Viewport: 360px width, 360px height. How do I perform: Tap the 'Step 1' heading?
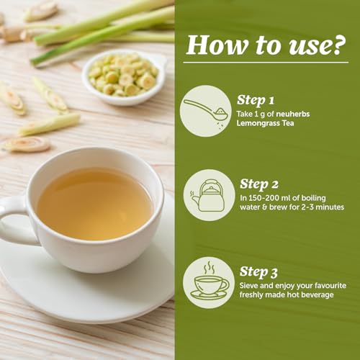point(256,100)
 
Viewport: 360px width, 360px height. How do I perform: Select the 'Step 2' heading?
point(259,184)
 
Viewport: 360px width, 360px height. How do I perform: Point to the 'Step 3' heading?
point(258,272)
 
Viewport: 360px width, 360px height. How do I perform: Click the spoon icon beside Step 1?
point(205,111)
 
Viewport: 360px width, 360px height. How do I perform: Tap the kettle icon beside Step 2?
point(208,195)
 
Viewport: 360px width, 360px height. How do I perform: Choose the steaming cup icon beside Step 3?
point(210,282)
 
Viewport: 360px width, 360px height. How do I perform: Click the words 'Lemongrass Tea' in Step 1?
point(265,123)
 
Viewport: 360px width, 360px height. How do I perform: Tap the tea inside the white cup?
point(95,204)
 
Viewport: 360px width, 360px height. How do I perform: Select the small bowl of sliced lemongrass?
point(125,78)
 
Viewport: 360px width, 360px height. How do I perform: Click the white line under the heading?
point(266,63)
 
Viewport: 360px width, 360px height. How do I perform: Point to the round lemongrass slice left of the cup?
point(27,145)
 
